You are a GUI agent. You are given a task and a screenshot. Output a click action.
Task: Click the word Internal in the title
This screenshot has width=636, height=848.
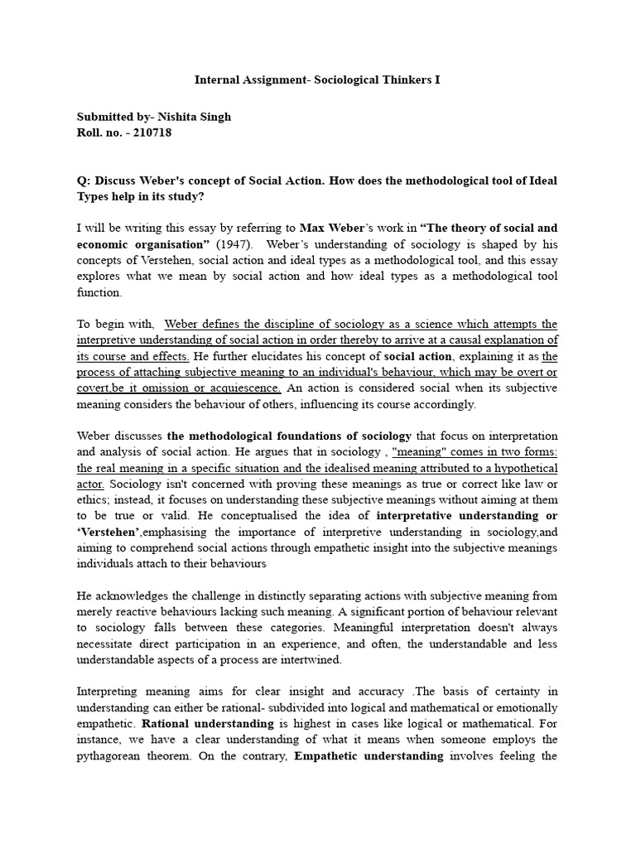point(217,80)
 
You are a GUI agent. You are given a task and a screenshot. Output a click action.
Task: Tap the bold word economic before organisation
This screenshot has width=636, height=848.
point(105,244)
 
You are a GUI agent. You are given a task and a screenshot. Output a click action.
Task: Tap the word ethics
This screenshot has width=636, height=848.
point(96,499)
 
